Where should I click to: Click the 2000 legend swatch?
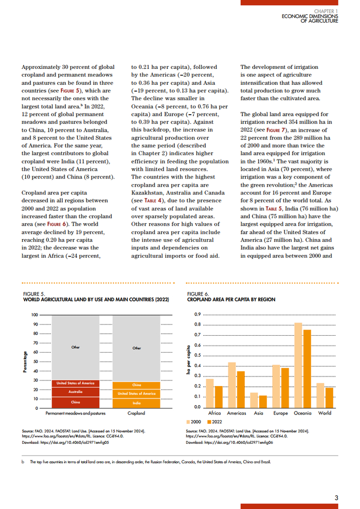click(x=189, y=421)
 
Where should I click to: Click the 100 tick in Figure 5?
click(x=35, y=315)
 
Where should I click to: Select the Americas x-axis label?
click(x=237, y=413)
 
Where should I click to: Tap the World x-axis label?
click(x=325, y=413)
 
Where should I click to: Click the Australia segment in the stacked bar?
click(x=76, y=392)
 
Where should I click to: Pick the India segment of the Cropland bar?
click(x=137, y=403)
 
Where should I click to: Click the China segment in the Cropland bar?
click(x=137, y=385)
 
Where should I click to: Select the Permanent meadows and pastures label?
click(x=76, y=413)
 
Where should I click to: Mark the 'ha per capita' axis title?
click(x=188, y=358)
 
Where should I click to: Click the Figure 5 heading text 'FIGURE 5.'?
click(x=34, y=293)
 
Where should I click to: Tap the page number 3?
click(x=336, y=497)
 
